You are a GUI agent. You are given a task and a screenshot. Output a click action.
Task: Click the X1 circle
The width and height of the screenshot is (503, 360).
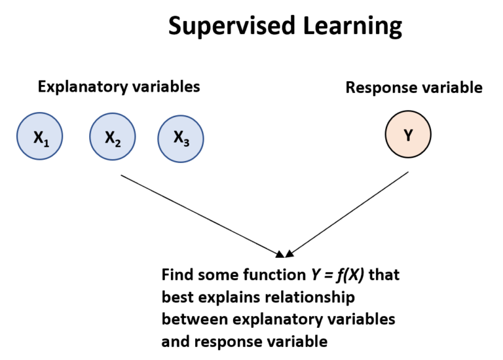[x=40, y=137]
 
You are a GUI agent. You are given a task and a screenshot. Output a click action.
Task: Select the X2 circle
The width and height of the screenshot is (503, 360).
[x=112, y=137]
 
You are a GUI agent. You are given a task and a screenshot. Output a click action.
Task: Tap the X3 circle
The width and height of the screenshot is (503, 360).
[x=181, y=137]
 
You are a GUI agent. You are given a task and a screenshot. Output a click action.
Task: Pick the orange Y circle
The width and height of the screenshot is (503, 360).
[x=408, y=135]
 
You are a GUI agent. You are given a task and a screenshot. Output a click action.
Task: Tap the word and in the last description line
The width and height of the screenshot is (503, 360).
[x=173, y=341]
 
